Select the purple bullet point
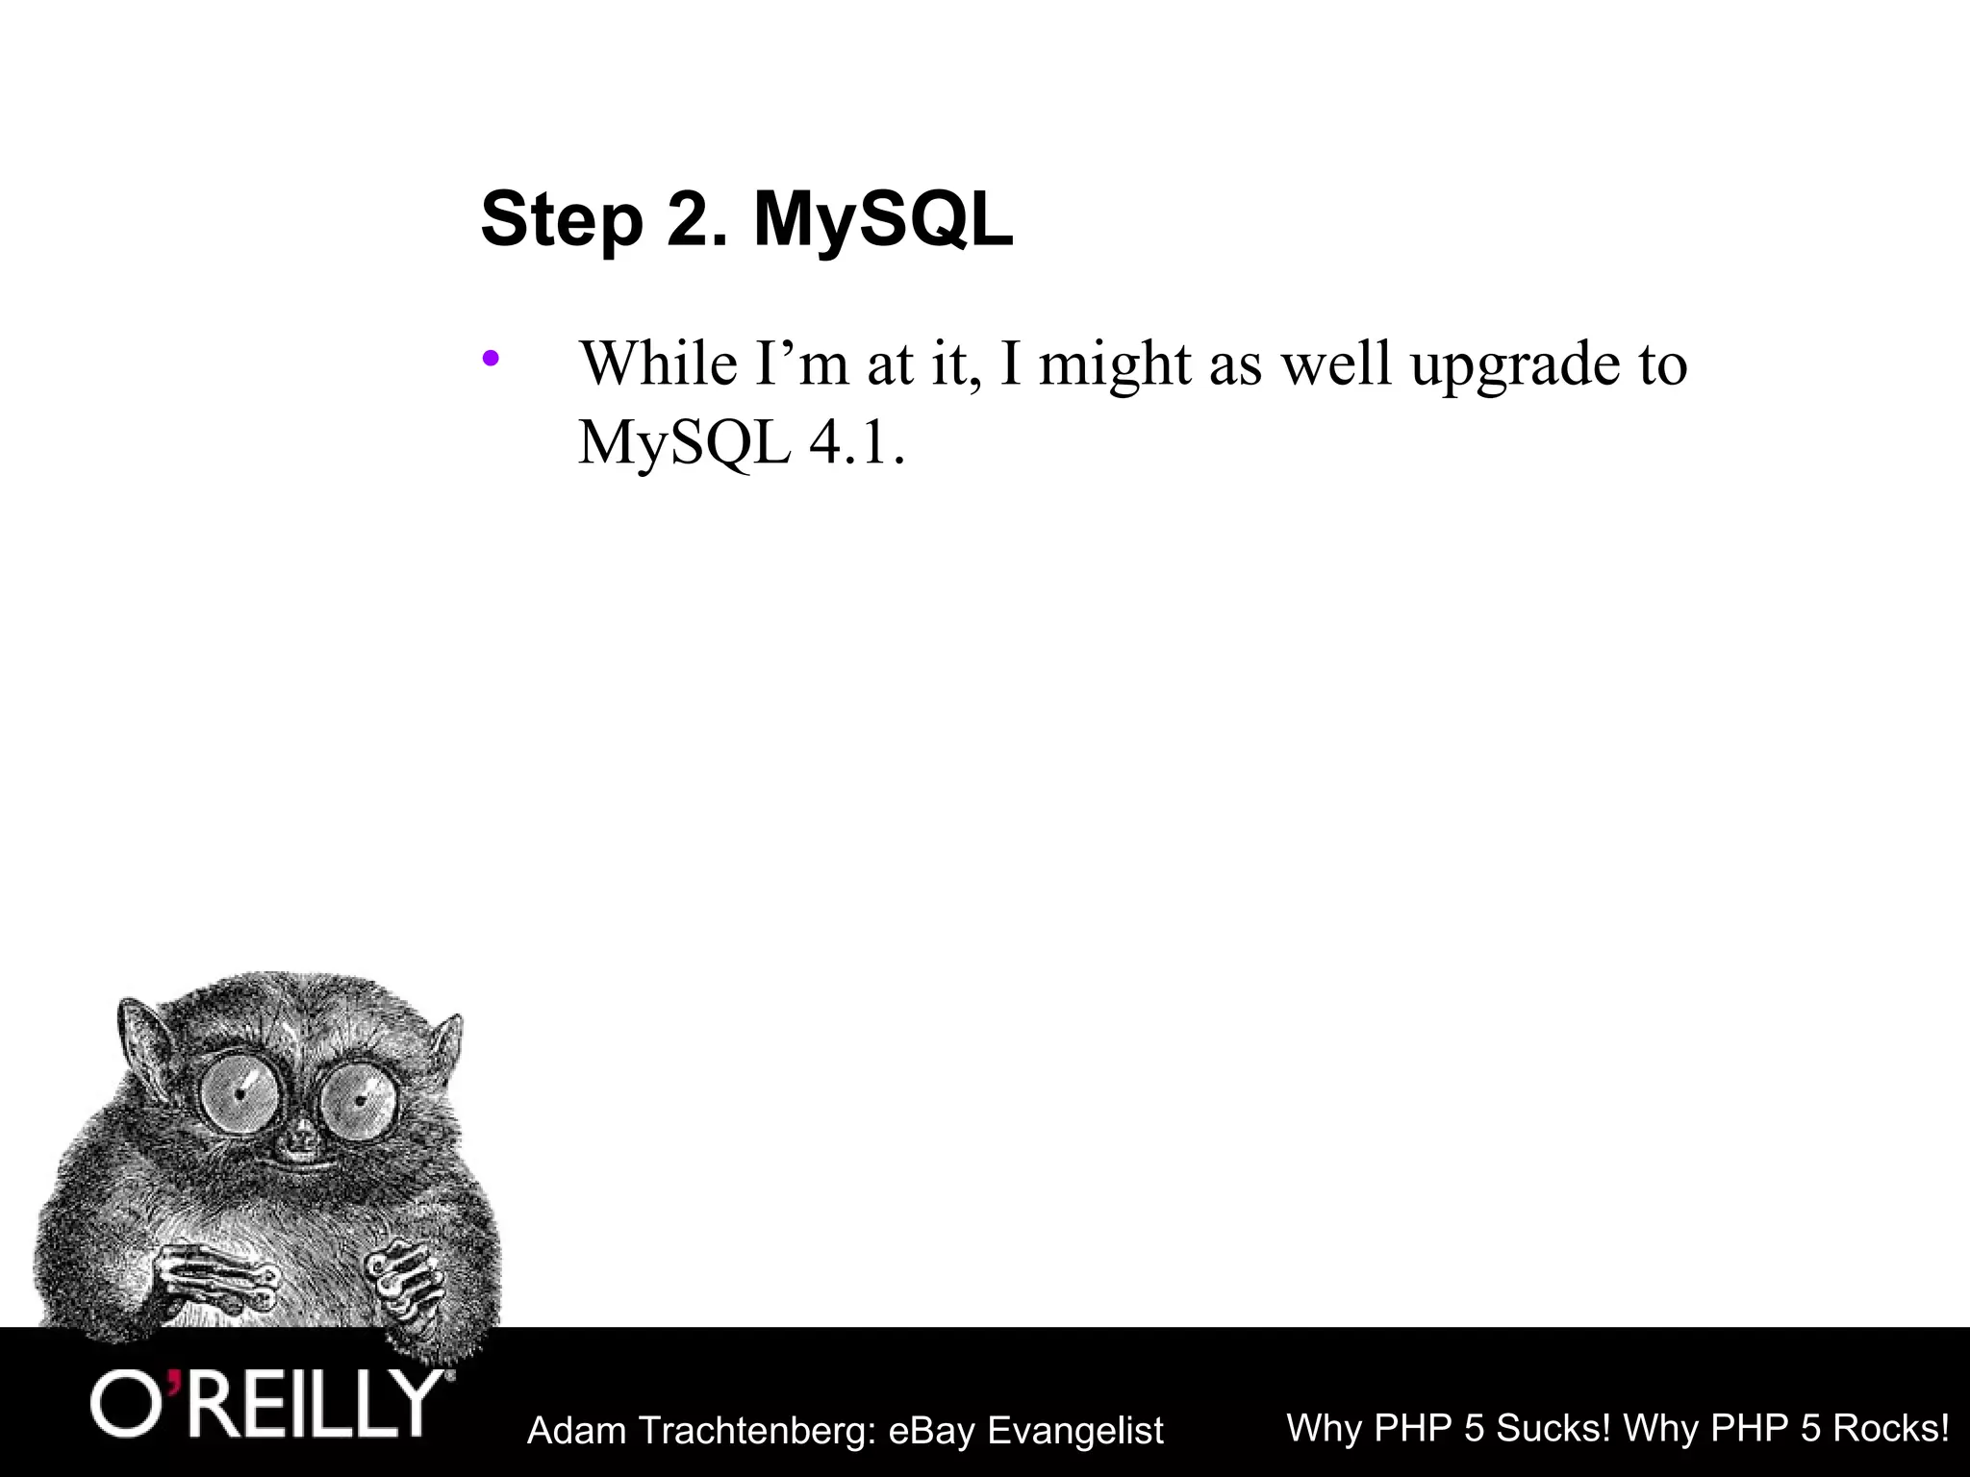492,360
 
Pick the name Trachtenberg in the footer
756,1431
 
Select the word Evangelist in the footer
1075,1431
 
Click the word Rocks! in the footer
1890,1428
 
